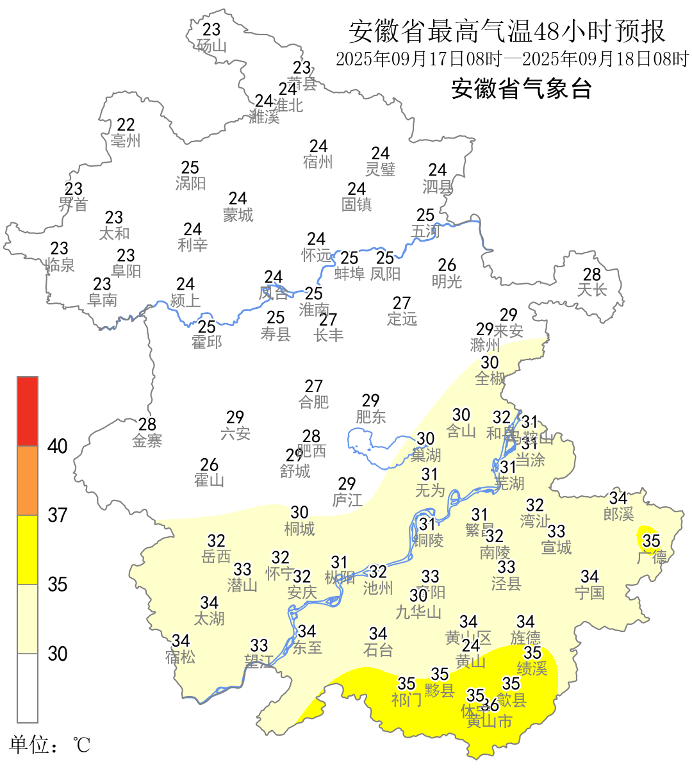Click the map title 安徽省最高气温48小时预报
(x=507, y=31)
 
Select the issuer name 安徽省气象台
(x=521, y=88)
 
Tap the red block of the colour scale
(x=28, y=411)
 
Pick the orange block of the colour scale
(x=28, y=481)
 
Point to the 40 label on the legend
(x=58, y=446)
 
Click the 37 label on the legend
(x=58, y=515)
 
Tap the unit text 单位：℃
(x=49, y=745)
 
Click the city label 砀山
(x=211, y=46)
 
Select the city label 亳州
(x=126, y=141)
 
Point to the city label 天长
(x=592, y=290)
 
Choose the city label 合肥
(x=314, y=402)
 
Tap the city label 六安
(x=235, y=434)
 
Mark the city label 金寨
(x=147, y=441)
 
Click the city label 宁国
(x=589, y=593)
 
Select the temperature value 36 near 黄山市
(x=490, y=706)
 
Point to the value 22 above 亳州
(x=126, y=124)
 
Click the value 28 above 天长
(x=592, y=274)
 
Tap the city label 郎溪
(x=618, y=514)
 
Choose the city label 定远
(x=402, y=319)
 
